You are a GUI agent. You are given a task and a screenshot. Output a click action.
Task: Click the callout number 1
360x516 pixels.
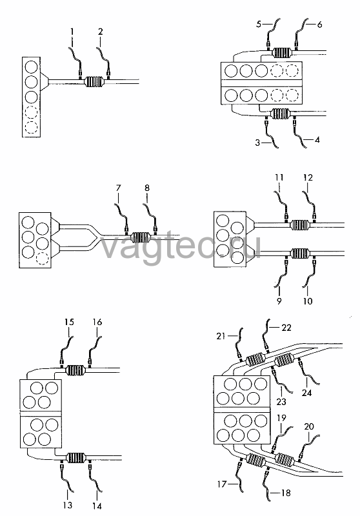[72, 32]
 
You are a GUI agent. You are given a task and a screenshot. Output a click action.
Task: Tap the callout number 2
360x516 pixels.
[101, 32]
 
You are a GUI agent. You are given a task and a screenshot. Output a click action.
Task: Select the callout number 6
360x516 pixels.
[319, 25]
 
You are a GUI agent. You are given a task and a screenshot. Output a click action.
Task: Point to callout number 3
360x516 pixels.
[257, 143]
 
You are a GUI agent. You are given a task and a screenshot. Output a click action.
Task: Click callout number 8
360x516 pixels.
[146, 188]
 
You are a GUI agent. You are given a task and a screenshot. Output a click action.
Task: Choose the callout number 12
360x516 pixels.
[308, 177]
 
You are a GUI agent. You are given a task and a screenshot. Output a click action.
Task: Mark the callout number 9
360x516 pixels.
[279, 301]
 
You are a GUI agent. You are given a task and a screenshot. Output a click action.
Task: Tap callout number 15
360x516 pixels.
[69, 322]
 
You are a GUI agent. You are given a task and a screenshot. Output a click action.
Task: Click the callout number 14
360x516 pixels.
[97, 506]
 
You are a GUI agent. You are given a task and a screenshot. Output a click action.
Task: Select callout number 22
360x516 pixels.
[286, 328]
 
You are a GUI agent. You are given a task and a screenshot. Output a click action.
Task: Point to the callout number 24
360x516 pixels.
[306, 392]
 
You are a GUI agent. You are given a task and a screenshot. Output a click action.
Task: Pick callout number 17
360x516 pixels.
[222, 484]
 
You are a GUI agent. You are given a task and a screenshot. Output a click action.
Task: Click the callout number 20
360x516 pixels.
[309, 426]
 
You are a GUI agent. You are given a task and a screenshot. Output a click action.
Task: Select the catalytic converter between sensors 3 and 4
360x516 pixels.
[281, 114]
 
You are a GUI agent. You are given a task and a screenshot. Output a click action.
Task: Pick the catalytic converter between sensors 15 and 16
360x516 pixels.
[76, 370]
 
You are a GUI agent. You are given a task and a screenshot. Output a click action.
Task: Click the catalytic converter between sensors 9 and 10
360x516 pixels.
[299, 253]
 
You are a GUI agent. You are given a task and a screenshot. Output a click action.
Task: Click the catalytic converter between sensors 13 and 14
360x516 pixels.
[76, 458]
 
